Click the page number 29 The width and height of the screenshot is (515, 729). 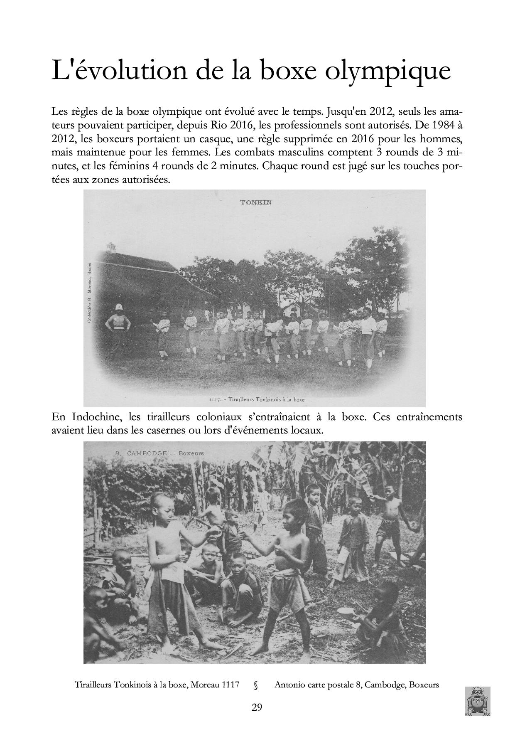(x=257, y=707)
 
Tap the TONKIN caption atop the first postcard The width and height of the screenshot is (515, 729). (x=256, y=202)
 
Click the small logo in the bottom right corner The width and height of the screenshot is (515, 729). (x=478, y=700)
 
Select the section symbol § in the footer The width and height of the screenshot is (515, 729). (x=256, y=685)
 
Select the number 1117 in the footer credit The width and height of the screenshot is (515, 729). (x=231, y=685)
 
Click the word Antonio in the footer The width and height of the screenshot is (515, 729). (x=289, y=685)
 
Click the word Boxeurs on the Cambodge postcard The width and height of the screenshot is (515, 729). (x=191, y=453)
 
